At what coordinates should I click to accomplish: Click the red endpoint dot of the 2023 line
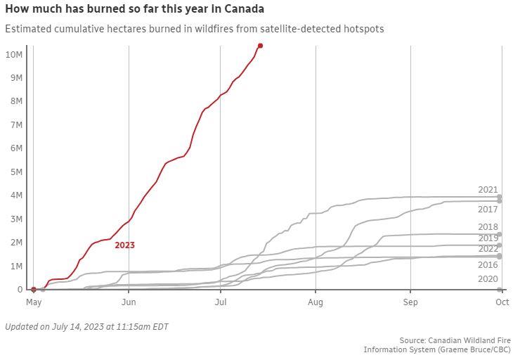(260, 46)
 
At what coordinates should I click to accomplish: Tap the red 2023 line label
(124, 245)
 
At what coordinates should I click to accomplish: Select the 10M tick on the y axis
(14, 55)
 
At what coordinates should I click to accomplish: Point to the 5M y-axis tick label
(15, 172)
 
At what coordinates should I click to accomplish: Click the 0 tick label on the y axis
(20, 290)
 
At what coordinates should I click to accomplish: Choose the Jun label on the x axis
(129, 302)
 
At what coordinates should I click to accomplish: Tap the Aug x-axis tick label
(316, 302)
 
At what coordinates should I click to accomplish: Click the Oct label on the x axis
(502, 302)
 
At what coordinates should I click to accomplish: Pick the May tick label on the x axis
(34, 302)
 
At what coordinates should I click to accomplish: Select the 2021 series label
(488, 190)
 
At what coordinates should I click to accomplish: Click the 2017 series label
(488, 210)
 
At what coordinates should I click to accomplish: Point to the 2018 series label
(488, 227)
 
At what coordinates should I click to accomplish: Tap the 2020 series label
(488, 279)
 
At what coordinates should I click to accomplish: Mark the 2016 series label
(488, 265)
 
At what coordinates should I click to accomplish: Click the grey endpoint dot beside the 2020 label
(500, 290)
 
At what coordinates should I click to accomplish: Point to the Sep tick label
(410, 302)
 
